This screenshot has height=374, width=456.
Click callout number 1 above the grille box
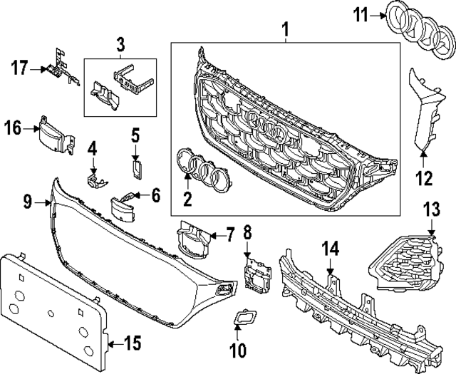pos(285,29)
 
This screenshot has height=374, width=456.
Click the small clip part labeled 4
pos(93,178)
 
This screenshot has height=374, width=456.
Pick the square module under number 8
pos(256,274)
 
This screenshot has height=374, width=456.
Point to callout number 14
pos(331,249)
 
